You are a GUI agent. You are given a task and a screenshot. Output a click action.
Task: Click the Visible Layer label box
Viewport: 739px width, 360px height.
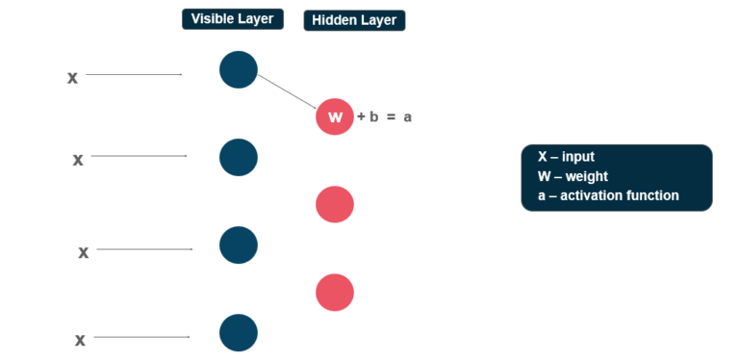point(232,19)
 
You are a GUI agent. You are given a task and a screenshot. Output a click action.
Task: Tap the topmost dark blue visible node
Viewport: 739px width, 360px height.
point(239,70)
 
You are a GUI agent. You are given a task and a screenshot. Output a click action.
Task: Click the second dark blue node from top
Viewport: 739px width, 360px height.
point(239,157)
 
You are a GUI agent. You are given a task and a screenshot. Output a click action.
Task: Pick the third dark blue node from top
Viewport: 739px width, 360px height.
point(239,244)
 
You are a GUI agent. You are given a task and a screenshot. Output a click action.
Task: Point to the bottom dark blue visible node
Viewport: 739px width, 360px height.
point(239,332)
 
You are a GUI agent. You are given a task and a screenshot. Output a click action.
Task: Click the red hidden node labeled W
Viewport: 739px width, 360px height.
point(335,116)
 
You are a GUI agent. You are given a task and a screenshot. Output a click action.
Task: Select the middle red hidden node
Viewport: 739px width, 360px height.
point(335,204)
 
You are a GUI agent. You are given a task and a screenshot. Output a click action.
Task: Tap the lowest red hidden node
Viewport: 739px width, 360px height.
point(335,292)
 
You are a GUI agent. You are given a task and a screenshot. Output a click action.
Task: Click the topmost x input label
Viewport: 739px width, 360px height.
point(72,77)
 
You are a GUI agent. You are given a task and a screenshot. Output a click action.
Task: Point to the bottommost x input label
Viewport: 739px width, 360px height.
point(81,339)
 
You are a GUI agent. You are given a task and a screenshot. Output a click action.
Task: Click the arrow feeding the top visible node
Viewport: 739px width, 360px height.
point(134,74)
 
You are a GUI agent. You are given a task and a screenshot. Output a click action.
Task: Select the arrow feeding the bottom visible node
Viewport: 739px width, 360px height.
point(141,337)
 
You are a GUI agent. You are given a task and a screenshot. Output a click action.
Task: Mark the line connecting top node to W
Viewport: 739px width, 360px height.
point(287,92)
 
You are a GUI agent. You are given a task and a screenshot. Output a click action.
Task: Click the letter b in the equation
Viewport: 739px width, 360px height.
point(374,116)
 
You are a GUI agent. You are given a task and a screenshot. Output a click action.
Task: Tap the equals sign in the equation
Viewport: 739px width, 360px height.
point(392,117)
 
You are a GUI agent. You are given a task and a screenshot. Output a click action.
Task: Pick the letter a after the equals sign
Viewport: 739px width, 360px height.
point(408,117)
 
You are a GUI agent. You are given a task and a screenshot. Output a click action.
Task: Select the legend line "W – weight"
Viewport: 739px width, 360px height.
point(573,176)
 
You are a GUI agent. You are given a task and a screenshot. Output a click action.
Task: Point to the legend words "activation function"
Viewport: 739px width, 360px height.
point(620,195)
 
